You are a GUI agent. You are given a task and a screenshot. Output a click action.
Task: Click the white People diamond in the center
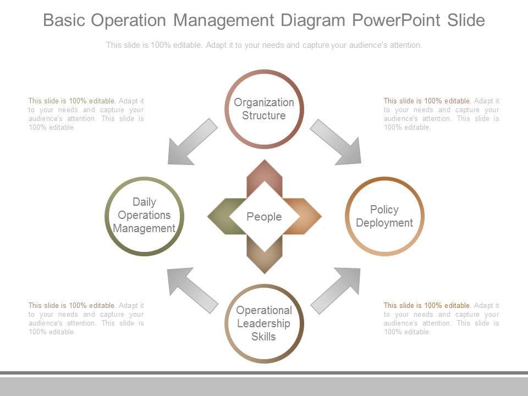(264, 216)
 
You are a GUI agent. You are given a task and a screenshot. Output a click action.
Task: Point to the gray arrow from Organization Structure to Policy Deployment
(335, 142)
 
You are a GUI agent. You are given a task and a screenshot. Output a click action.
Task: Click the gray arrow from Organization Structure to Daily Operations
(193, 142)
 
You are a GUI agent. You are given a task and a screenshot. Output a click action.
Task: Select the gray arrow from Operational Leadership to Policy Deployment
(335, 290)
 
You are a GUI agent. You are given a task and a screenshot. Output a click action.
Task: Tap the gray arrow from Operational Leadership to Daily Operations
(193, 290)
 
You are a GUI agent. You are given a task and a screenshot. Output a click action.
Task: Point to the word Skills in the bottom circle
(264, 337)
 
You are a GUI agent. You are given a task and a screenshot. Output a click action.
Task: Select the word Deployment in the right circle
(384, 223)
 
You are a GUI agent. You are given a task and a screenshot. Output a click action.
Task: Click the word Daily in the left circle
(144, 202)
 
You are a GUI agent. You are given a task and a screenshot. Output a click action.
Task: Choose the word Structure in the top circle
(264, 116)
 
